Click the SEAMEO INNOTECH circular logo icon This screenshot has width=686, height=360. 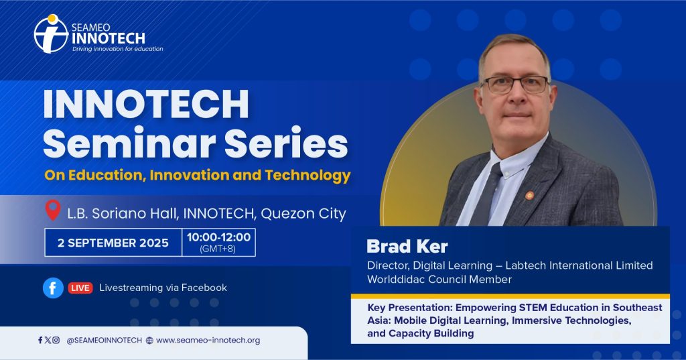click(51, 34)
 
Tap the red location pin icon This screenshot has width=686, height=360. click(53, 210)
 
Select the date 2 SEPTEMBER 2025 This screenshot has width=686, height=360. click(113, 243)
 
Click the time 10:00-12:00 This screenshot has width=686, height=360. click(219, 237)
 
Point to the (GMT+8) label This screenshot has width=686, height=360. click(218, 249)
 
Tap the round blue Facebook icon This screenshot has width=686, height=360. click(53, 288)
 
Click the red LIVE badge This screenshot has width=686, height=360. click(80, 288)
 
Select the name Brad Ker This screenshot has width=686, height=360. click(407, 246)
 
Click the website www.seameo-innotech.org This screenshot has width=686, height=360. click(208, 341)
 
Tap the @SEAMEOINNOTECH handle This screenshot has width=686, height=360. click(104, 341)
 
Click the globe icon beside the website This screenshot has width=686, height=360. click(149, 341)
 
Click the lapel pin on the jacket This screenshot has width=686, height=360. click(529, 195)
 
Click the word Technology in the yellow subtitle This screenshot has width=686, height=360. click(307, 176)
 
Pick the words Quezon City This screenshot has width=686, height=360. click(303, 213)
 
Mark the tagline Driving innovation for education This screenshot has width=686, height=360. click(118, 49)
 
